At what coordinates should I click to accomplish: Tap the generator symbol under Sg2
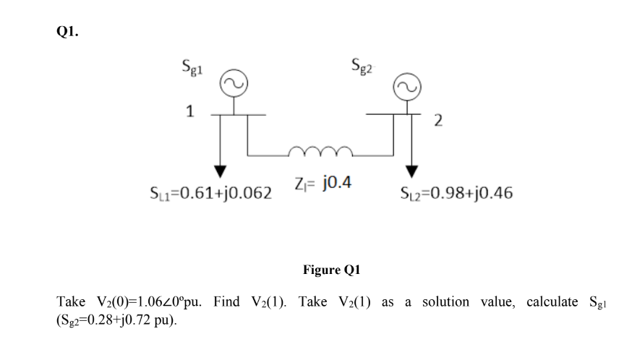(404, 87)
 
